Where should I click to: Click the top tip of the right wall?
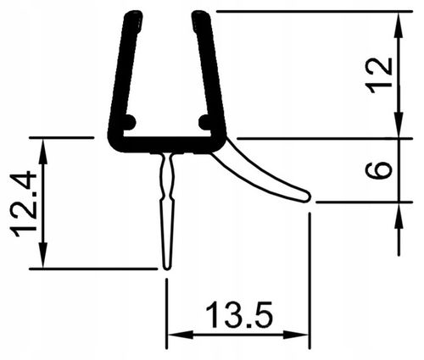point(199,15)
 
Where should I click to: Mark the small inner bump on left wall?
point(130,121)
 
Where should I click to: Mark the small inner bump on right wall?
point(204,121)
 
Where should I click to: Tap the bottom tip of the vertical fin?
point(166,268)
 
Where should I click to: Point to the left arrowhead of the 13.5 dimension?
point(172,333)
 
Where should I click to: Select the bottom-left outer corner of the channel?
point(113,146)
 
